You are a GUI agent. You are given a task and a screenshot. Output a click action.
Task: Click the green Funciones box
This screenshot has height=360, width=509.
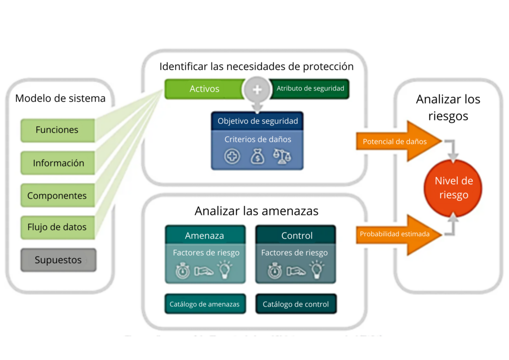57,130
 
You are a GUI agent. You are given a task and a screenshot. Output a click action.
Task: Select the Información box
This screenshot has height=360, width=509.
58,163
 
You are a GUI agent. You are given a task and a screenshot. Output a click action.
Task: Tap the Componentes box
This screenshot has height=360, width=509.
57,195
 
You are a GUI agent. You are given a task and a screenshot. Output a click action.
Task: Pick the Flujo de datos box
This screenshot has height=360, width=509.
57,227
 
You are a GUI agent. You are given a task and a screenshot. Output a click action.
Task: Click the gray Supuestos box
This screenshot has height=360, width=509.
58,260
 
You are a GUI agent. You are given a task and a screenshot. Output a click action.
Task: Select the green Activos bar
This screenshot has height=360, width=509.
204,89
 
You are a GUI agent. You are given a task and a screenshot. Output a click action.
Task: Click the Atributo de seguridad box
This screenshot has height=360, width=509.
310,89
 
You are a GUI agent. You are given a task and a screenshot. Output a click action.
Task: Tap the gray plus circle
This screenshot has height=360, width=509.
257,90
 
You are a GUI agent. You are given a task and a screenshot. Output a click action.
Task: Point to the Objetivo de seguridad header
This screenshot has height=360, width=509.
257,121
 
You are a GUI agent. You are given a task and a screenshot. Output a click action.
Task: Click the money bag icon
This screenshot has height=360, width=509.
258,157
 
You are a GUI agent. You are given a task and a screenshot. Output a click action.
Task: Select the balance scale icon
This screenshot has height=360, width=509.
282,156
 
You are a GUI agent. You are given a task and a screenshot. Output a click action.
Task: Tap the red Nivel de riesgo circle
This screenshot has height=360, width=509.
453,188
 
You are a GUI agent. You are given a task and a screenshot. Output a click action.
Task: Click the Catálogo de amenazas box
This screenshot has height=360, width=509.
204,304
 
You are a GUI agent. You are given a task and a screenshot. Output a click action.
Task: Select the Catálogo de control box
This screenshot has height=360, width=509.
296,304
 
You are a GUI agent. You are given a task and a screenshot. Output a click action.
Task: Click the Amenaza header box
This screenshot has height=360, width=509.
204,235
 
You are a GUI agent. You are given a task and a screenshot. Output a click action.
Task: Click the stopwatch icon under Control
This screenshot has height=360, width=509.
275,270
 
